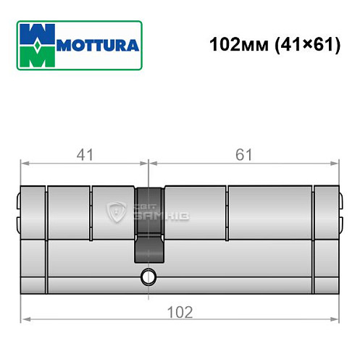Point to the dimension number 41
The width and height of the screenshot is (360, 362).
85,153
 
